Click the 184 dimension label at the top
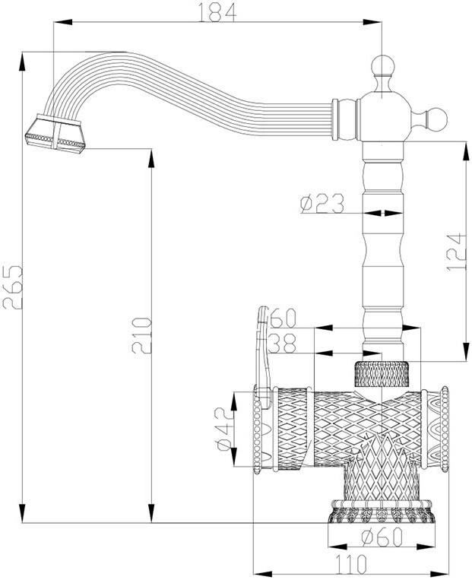(x=217, y=12)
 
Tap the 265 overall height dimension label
(x=12, y=287)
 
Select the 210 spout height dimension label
(x=141, y=335)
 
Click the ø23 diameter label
(x=322, y=203)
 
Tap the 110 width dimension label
(x=350, y=564)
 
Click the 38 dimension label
(x=282, y=344)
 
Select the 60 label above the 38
(x=284, y=318)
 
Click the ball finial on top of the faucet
(x=382, y=66)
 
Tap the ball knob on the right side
(x=436, y=119)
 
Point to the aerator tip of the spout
(x=55, y=134)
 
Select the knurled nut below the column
(x=382, y=373)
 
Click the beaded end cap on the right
(x=444, y=429)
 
